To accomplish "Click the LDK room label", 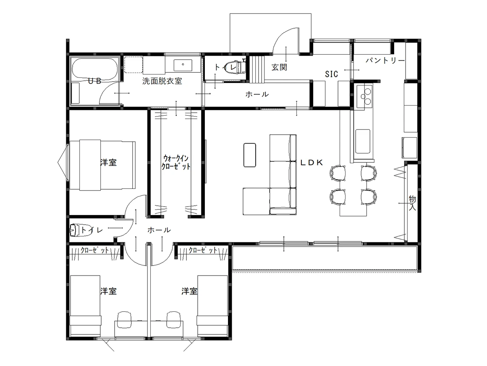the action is point(312,162).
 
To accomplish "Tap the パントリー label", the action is point(385,61).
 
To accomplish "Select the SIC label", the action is point(331,74).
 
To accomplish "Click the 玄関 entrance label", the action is point(279,67).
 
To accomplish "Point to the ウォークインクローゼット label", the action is point(176,162).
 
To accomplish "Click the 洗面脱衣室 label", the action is point(162,81).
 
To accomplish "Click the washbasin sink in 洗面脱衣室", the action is point(183,65).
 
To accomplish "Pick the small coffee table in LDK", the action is point(250,155).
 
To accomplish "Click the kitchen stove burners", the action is point(365,96).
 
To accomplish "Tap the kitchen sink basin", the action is point(362,142).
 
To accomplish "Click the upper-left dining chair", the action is point(338,173).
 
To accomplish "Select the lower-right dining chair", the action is point(369,197).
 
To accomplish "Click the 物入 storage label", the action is point(412,203).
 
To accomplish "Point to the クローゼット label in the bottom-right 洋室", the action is point(203,250).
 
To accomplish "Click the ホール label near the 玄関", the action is point(257,94).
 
